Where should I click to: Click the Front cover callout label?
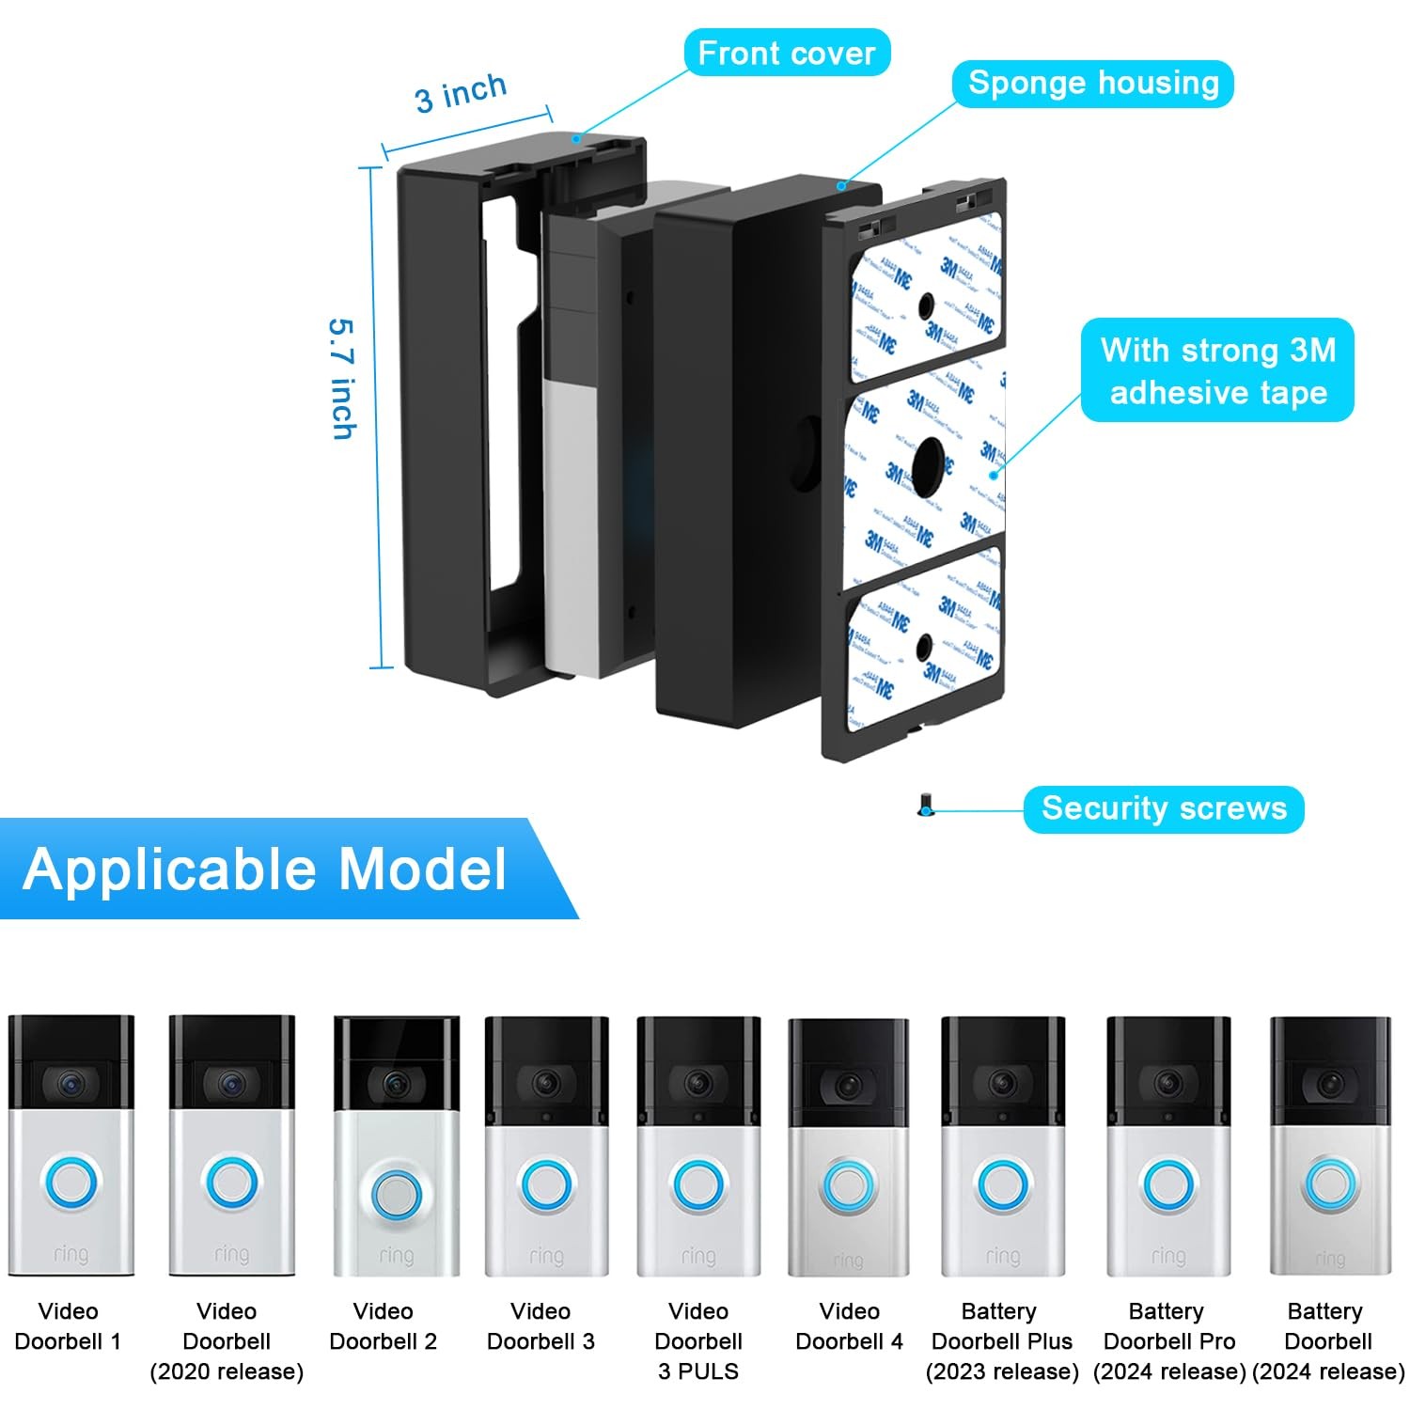coord(786,53)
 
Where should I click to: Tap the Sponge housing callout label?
coord(1092,83)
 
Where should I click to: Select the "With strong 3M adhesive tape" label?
coord(1217,370)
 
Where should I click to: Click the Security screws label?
coord(1164,808)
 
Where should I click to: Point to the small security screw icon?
coord(926,806)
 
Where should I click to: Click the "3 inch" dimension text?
coord(461,93)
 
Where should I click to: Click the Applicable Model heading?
coord(264,869)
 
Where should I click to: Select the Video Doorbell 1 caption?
coord(68,1325)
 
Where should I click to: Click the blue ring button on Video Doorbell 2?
coord(396,1194)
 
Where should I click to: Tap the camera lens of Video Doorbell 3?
coord(546,1083)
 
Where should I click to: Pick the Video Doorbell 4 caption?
coord(849,1325)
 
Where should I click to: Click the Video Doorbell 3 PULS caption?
coord(698,1340)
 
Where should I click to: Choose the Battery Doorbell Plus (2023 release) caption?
coord(1002,1340)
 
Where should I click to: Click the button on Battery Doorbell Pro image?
coord(1167,1185)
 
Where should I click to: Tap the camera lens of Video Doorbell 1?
coord(70,1085)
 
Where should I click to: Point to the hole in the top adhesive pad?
coord(926,305)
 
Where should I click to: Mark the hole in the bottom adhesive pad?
coord(924,646)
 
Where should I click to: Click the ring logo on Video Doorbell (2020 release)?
coord(231,1254)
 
